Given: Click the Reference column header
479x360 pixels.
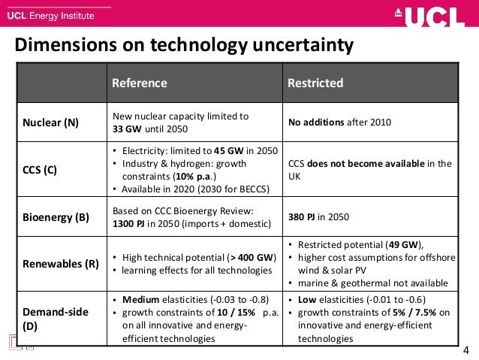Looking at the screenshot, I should click(x=139, y=83).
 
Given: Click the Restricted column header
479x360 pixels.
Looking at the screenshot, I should click(x=315, y=83).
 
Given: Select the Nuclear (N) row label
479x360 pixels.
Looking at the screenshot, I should click(x=50, y=123).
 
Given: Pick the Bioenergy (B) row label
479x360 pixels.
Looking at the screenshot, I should click(x=56, y=217).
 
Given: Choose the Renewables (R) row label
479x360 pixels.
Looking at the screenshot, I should click(x=59, y=263).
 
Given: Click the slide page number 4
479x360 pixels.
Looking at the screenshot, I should click(x=466, y=350).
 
